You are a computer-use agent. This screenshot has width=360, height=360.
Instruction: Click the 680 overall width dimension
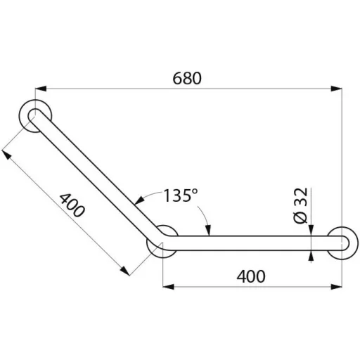pos(187,78)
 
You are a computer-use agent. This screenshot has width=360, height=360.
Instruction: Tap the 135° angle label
pos(180,195)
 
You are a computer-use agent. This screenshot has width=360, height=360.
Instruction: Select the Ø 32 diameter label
pos(300,205)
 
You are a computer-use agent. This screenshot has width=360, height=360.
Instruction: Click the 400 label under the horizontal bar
pos(251,276)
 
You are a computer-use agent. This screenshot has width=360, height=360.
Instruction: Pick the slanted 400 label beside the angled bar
pos(72,205)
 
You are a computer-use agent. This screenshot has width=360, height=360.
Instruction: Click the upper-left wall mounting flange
pos(35,116)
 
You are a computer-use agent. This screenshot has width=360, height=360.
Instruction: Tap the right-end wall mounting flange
pos(342,243)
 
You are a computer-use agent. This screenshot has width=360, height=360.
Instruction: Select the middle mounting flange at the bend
pos(162,241)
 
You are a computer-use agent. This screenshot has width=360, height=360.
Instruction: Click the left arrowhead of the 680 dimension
pos(40,89)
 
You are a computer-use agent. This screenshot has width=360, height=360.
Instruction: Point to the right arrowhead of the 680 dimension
pos(337,89)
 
